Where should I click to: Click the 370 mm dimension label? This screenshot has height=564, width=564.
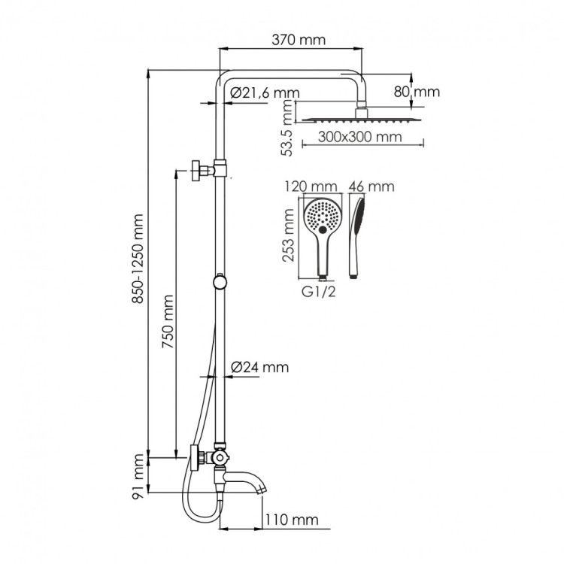294,40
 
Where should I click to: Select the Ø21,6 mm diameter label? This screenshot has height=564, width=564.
261,92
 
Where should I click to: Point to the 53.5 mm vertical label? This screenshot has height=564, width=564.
287,130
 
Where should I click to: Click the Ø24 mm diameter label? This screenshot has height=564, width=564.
260,368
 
